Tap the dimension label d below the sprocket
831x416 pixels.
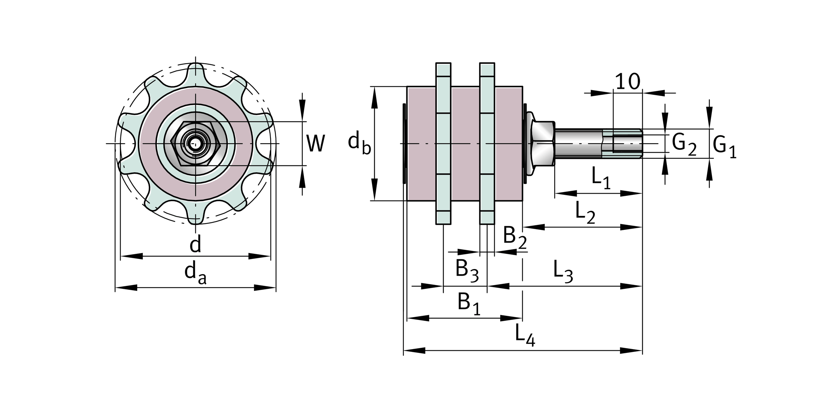(x=195, y=244)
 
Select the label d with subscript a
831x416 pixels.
(x=195, y=272)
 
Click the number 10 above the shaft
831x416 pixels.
(x=627, y=82)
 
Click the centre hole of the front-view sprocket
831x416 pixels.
(x=196, y=144)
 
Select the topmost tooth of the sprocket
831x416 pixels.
(x=196, y=71)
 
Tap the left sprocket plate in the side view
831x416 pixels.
(x=443, y=144)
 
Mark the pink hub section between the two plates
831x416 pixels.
(x=465, y=144)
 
